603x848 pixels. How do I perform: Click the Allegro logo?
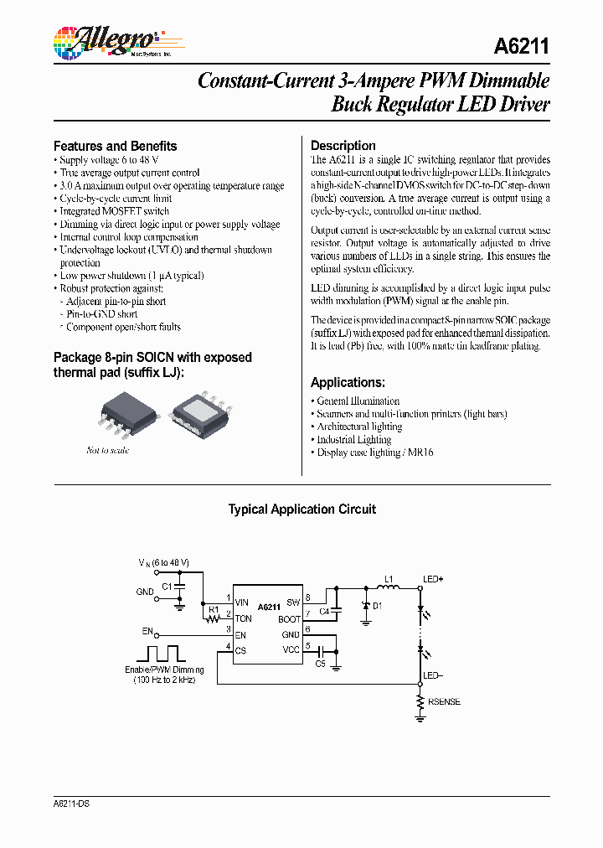tap(105, 41)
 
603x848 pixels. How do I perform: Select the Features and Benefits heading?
tap(115, 146)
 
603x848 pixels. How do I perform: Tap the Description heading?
tap(343, 146)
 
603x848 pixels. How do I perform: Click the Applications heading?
tap(348, 382)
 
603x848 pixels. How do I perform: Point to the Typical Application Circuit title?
tap(301, 509)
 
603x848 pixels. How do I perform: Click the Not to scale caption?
tap(108, 451)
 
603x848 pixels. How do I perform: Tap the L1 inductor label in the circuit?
tap(388, 579)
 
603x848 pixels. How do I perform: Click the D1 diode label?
tap(377, 606)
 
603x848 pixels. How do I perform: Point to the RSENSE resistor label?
tap(444, 702)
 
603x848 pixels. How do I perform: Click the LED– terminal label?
tap(433, 675)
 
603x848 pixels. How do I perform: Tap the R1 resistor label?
tap(214, 609)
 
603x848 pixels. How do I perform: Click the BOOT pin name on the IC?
tap(289, 619)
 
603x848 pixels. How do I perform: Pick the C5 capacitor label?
tap(320, 664)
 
